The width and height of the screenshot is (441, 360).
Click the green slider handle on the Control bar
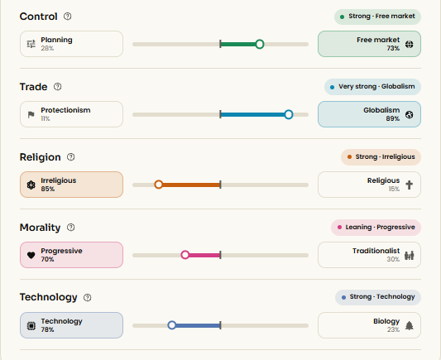[260, 44]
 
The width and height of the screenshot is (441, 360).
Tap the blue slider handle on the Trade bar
[288, 114]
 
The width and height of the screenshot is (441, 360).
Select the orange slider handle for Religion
[159, 185]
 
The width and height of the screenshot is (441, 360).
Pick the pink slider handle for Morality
[185, 255]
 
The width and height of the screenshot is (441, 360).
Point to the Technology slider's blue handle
[172, 325]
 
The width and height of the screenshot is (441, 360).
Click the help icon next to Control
[68, 17]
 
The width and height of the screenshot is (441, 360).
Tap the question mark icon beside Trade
[58, 87]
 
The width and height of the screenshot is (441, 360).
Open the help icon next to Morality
[71, 228]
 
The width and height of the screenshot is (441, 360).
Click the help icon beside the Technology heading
[88, 298]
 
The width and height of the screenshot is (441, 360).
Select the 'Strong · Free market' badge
[377, 17]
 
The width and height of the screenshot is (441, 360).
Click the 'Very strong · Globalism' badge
[372, 87]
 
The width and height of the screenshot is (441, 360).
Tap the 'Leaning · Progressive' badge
[376, 228]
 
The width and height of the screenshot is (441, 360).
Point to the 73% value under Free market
[393, 48]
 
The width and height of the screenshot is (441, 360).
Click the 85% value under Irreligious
[47, 189]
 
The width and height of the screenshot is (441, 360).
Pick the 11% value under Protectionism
[46, 118]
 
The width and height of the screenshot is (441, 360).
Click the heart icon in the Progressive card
[31, 255]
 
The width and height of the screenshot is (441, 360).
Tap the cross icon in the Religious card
[410, 185]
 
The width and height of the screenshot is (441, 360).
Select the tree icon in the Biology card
[410, 325]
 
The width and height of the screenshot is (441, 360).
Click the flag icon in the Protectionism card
[31, 114]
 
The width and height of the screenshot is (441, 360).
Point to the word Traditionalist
[376, 251]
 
